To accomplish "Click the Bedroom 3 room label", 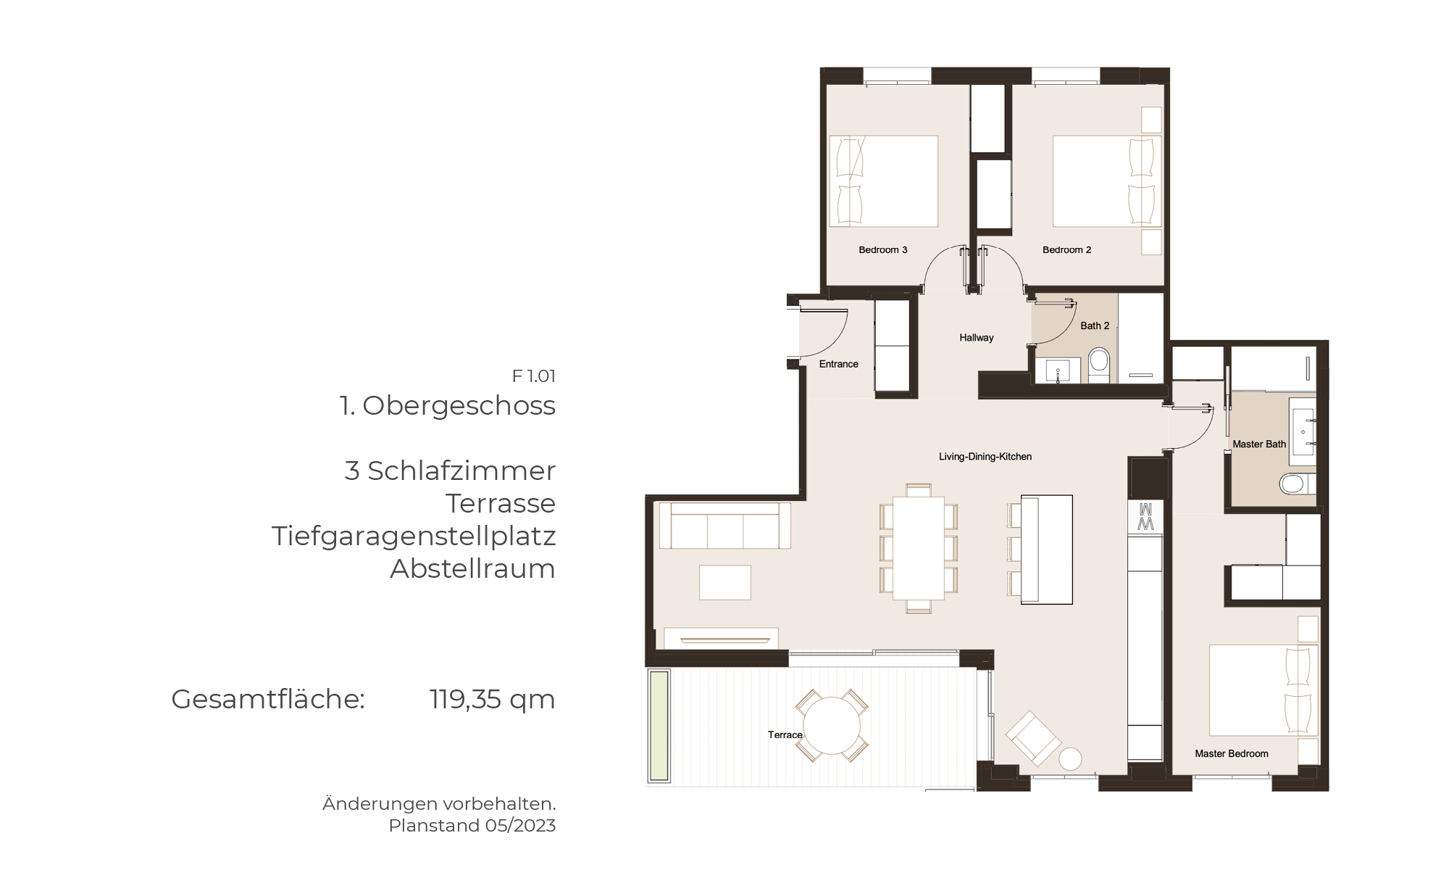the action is [882, 250].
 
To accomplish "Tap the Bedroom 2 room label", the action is [1066, 250].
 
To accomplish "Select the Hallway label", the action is [976, 338].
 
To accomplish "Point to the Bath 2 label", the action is [1095, 326].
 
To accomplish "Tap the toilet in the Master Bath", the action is [1297, 484].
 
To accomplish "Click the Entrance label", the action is [838, 364].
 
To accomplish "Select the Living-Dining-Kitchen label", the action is [985, 457].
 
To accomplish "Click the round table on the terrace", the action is [832, 725].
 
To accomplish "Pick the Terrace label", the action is [785, 735].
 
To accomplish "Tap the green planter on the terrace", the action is [659, 726].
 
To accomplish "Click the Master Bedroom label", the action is [1232, 754].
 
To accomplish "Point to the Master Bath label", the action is [1259, 444].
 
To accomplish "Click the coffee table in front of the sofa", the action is [724, 583].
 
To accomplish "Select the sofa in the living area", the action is [724, 526].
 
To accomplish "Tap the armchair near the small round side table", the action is [1033, 738].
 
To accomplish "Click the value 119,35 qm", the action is [492, 700].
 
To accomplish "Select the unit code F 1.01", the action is [533, 376].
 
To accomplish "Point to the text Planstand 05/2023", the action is [472, 826].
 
